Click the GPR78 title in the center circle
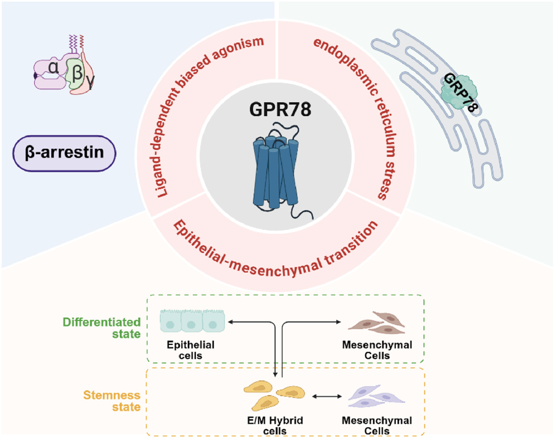coord(277,108)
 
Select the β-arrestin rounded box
coord(64,153)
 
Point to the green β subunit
coord(76,72)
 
